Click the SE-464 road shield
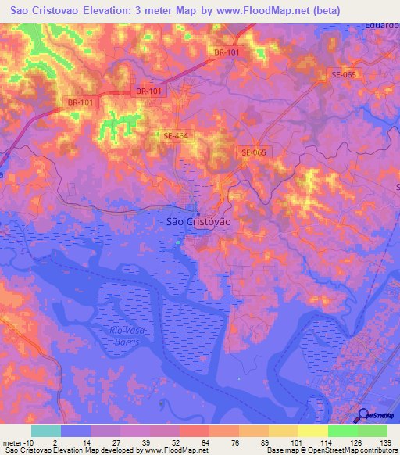pos(176,136)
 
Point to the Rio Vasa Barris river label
pos(123,337)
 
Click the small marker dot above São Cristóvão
pos(198,211)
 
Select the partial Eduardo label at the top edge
pos(382,24)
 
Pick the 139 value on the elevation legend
pos(384,442)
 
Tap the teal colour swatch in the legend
pos(46,431)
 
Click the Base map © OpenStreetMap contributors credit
pos(330,450)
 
